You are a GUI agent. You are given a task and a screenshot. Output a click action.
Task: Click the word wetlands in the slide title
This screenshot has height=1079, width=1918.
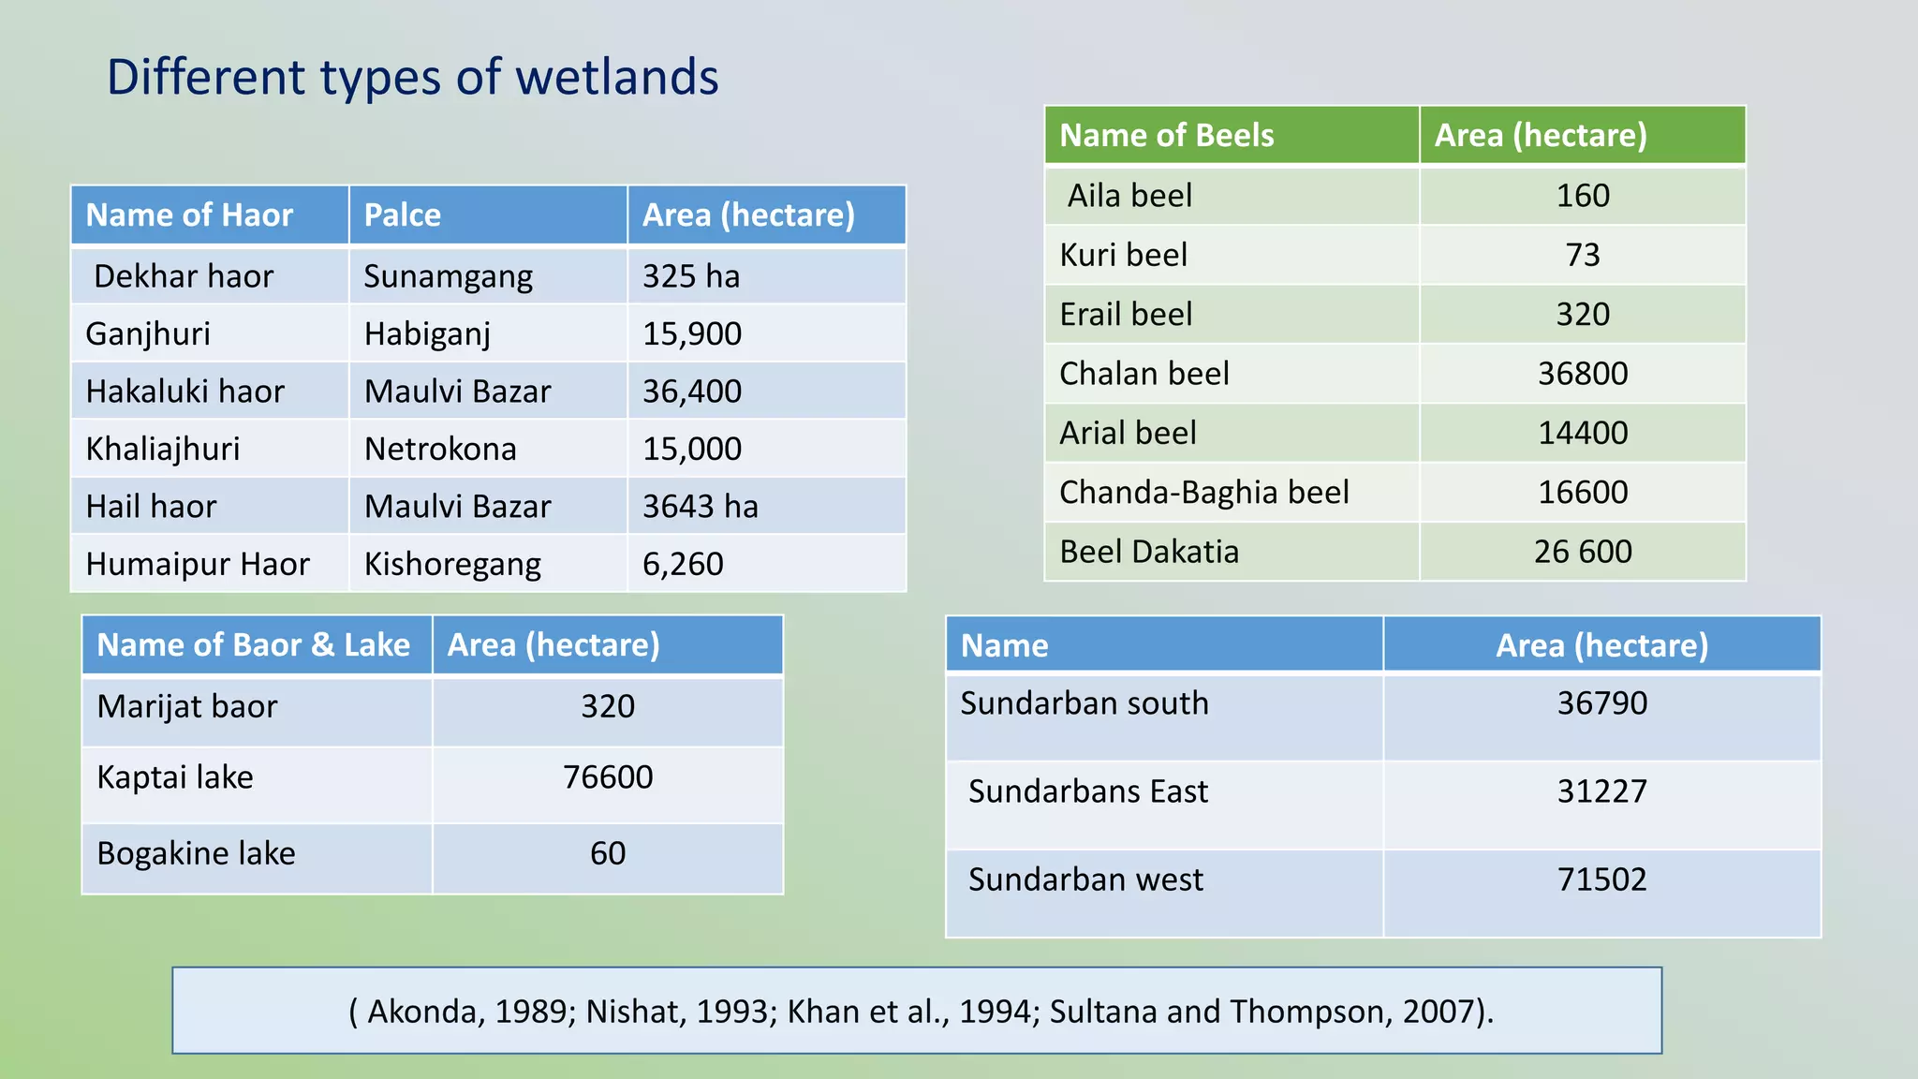coord(616,77)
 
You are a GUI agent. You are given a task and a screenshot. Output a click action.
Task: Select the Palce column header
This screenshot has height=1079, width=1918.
coord(402,215)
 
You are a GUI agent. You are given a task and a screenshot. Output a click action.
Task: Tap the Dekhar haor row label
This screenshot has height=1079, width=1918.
coord(184,276)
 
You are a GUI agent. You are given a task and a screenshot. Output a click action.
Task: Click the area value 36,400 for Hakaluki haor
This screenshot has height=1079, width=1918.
coord(691,392)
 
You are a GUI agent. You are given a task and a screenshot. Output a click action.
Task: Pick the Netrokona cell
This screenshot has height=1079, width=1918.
coord(440,450)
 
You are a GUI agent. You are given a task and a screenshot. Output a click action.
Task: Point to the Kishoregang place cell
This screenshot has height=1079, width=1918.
coord(452,565)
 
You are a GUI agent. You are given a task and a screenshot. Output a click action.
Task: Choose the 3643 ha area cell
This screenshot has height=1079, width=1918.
coord(700,507)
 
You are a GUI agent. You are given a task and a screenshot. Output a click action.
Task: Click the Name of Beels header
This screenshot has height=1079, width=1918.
coord(1166,136)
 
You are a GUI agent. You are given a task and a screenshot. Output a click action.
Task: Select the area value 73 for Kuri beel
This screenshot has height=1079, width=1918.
coord(1582,255)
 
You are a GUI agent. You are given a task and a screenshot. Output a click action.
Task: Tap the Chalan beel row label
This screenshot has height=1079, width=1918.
coord(1143,374)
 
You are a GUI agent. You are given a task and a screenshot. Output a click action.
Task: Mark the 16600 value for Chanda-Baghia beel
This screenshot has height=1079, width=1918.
coord(1582,493)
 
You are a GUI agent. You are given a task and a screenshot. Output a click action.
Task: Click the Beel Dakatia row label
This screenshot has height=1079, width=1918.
coord(1148,552)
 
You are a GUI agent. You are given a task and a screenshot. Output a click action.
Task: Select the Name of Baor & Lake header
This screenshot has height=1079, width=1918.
coord(253,645)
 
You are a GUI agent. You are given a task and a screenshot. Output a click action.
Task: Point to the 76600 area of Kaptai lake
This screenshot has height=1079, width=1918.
coord(607,777)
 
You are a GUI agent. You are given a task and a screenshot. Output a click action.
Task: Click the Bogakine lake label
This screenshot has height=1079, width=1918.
coord(196,854)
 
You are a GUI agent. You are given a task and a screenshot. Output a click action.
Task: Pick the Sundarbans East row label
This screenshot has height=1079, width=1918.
coord(1087,792)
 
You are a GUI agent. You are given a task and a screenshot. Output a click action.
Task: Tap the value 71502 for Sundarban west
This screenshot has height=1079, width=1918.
coord(1601,879)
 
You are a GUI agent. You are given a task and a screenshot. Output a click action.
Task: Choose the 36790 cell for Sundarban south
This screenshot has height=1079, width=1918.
coord(1601,703)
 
